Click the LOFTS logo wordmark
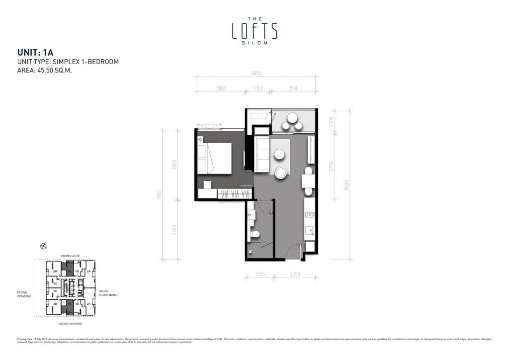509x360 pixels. click(254, 31)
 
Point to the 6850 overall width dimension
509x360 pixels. click(256, 73)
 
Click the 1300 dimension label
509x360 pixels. click(258, 89)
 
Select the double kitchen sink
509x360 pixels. click(309, 215)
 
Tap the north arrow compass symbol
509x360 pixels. click(44, 245)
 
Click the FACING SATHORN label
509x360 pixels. click(70, 324)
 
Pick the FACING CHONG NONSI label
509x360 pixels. click(107, 293)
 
